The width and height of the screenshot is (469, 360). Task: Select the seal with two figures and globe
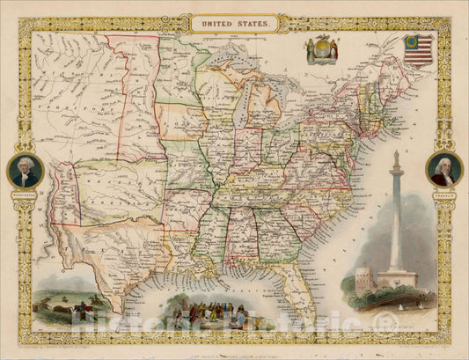[x=321, y=50]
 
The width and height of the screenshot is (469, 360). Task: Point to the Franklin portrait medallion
[x=443, y=168]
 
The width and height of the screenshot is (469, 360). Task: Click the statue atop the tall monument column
[x=397, y=158]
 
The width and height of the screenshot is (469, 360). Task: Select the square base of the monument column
[x=398, y=279]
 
